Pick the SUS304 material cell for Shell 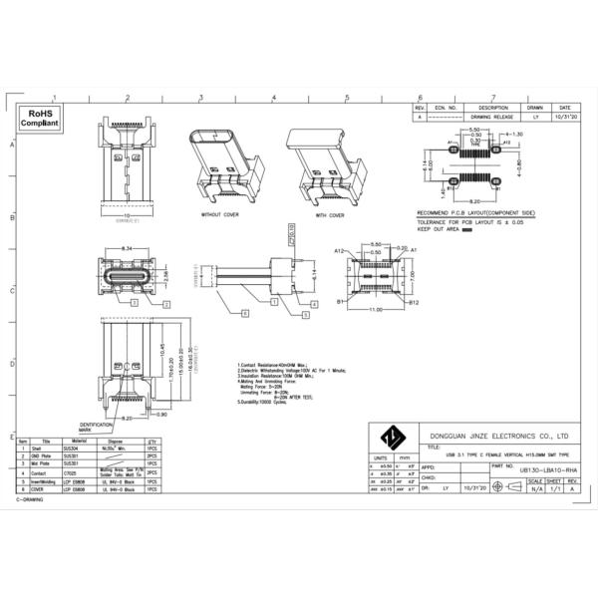pos(70,449)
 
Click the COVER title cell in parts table pos(46,489)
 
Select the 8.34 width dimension pos(127,247)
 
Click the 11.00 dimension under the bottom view pos(374,310)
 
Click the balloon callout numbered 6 pos(243,313)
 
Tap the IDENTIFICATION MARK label pos(96,427)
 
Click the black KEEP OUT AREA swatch pos(465,229)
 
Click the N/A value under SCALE pos(537,489)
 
